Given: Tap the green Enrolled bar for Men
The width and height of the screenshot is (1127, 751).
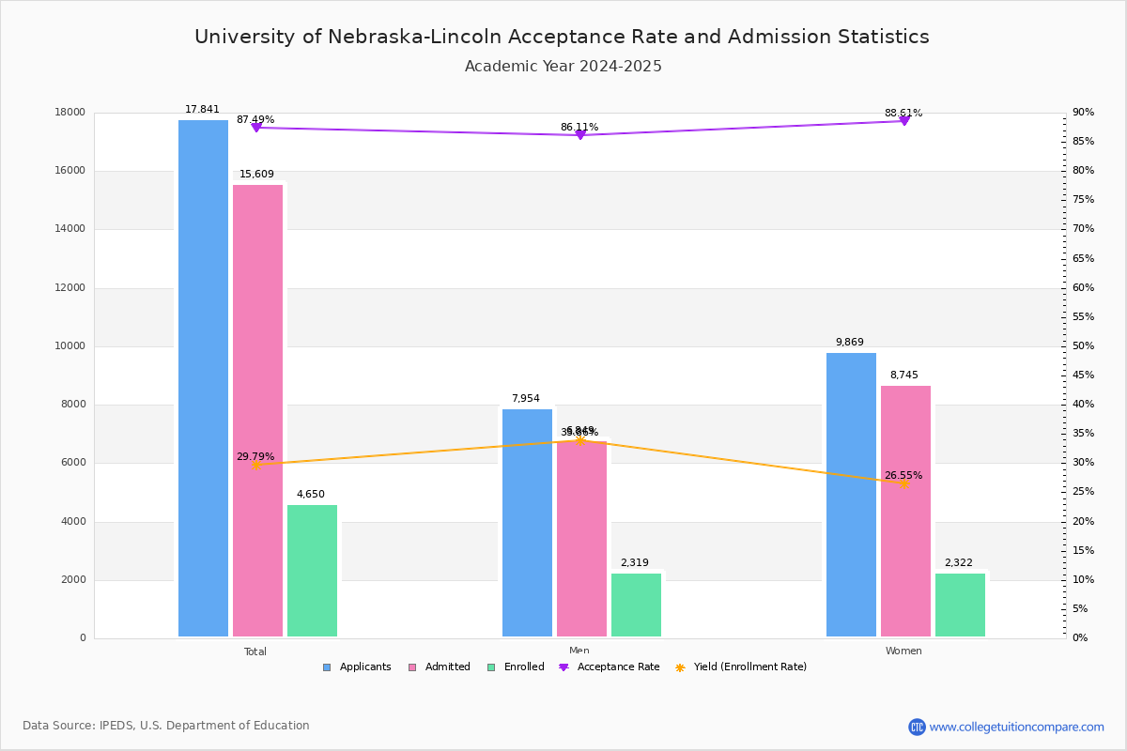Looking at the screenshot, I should click(x=636, y=605).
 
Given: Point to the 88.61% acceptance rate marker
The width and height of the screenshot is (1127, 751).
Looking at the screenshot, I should click(x=904, y=120).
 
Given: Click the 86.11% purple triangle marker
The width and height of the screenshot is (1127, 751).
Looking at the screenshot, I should click(x=579, y=135).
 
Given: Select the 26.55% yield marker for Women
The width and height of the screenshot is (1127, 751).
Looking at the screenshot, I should click(x=904, y=483).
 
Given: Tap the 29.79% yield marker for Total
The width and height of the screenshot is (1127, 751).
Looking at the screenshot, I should click(x=255, y=465).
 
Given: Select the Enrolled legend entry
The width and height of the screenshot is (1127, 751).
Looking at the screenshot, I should click(x=516, y=667).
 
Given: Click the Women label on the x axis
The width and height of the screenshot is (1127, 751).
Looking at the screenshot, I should click(x=903, y=651).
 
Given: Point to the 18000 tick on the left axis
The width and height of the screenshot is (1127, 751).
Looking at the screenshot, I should click(x=70, y=113).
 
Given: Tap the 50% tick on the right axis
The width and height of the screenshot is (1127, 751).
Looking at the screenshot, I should click(x=1083, y=346).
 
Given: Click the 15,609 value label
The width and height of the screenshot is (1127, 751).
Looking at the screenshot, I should click(x=256, y=175).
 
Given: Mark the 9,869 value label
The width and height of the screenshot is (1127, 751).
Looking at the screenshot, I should click(x=849, y=343).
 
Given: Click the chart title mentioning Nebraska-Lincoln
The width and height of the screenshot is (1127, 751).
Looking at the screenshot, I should click(x=562, y=37).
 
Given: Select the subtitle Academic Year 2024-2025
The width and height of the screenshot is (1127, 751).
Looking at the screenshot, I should click(x=563, y=67).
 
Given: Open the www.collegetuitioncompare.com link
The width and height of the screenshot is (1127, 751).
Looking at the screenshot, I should click(x=1016, y=727).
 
